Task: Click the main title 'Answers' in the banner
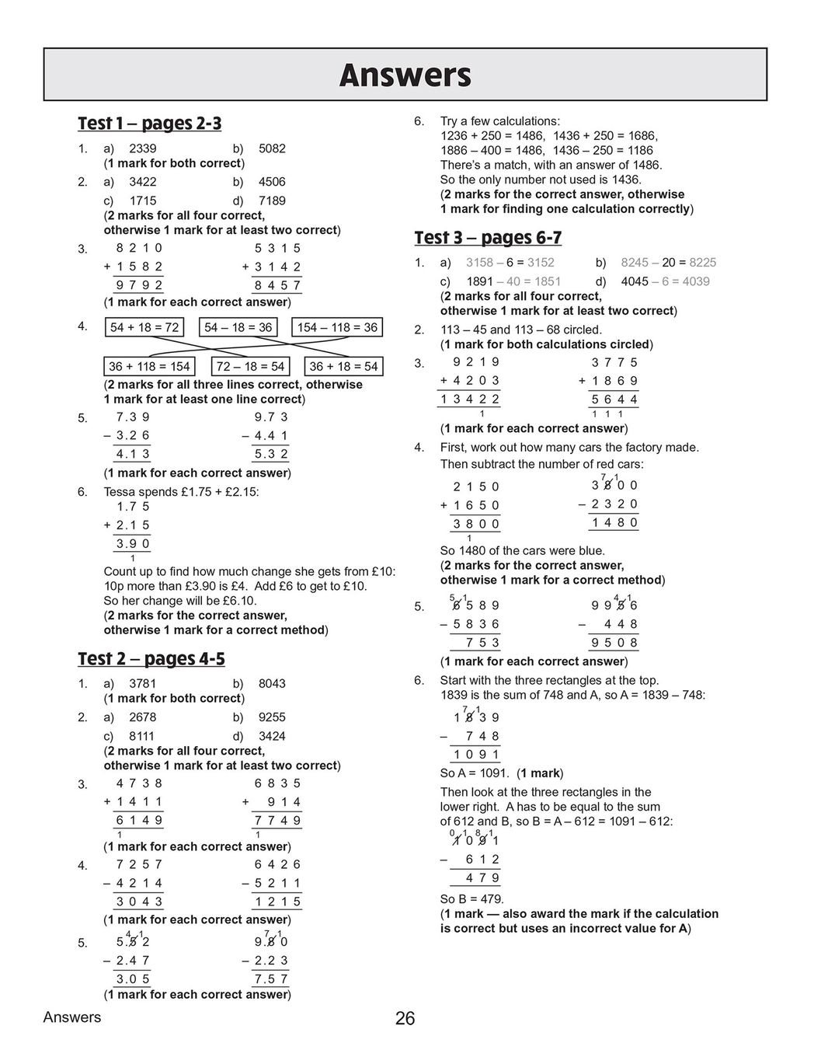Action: (x=405, y=75)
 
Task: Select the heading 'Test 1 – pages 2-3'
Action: (x=149, y=124)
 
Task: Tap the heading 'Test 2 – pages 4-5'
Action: (x=151, y=659)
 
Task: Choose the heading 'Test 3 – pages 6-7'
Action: (x=488, y=238)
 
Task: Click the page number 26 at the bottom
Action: (x=405, y=1018)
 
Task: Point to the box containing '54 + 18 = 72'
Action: (x=144, y=327)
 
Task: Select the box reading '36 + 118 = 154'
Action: (x=148, y=366)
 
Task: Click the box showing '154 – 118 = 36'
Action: (x=337, y=327)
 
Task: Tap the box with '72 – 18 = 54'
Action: (x=250, y=366)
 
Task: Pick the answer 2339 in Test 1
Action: (x=142, y=148)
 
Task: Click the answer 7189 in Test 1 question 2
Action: (x=272, y=201)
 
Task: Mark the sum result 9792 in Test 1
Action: (x=139, y=285)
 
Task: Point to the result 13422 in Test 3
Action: (x=469, y=399)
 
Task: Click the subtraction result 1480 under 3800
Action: (x=614, y=522)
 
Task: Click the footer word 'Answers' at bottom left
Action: (x=72, y=1017)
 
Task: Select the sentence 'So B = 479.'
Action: (x=471, y=899)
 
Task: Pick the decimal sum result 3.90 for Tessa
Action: (x=133, y=544)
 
